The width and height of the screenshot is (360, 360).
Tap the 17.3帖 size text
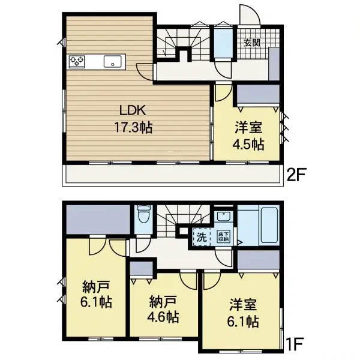[x=133, y=127]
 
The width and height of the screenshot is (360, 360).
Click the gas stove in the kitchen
[x=78, y=61]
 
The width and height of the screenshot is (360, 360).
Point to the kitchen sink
[x=112, y=61]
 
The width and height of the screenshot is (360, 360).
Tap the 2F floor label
[x=296, y=175]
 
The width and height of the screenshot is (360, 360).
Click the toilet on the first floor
[x=143, y=217]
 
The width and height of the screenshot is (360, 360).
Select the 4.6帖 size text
[x=163, y=316]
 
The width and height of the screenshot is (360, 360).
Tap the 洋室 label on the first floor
[x=242, y=305]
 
